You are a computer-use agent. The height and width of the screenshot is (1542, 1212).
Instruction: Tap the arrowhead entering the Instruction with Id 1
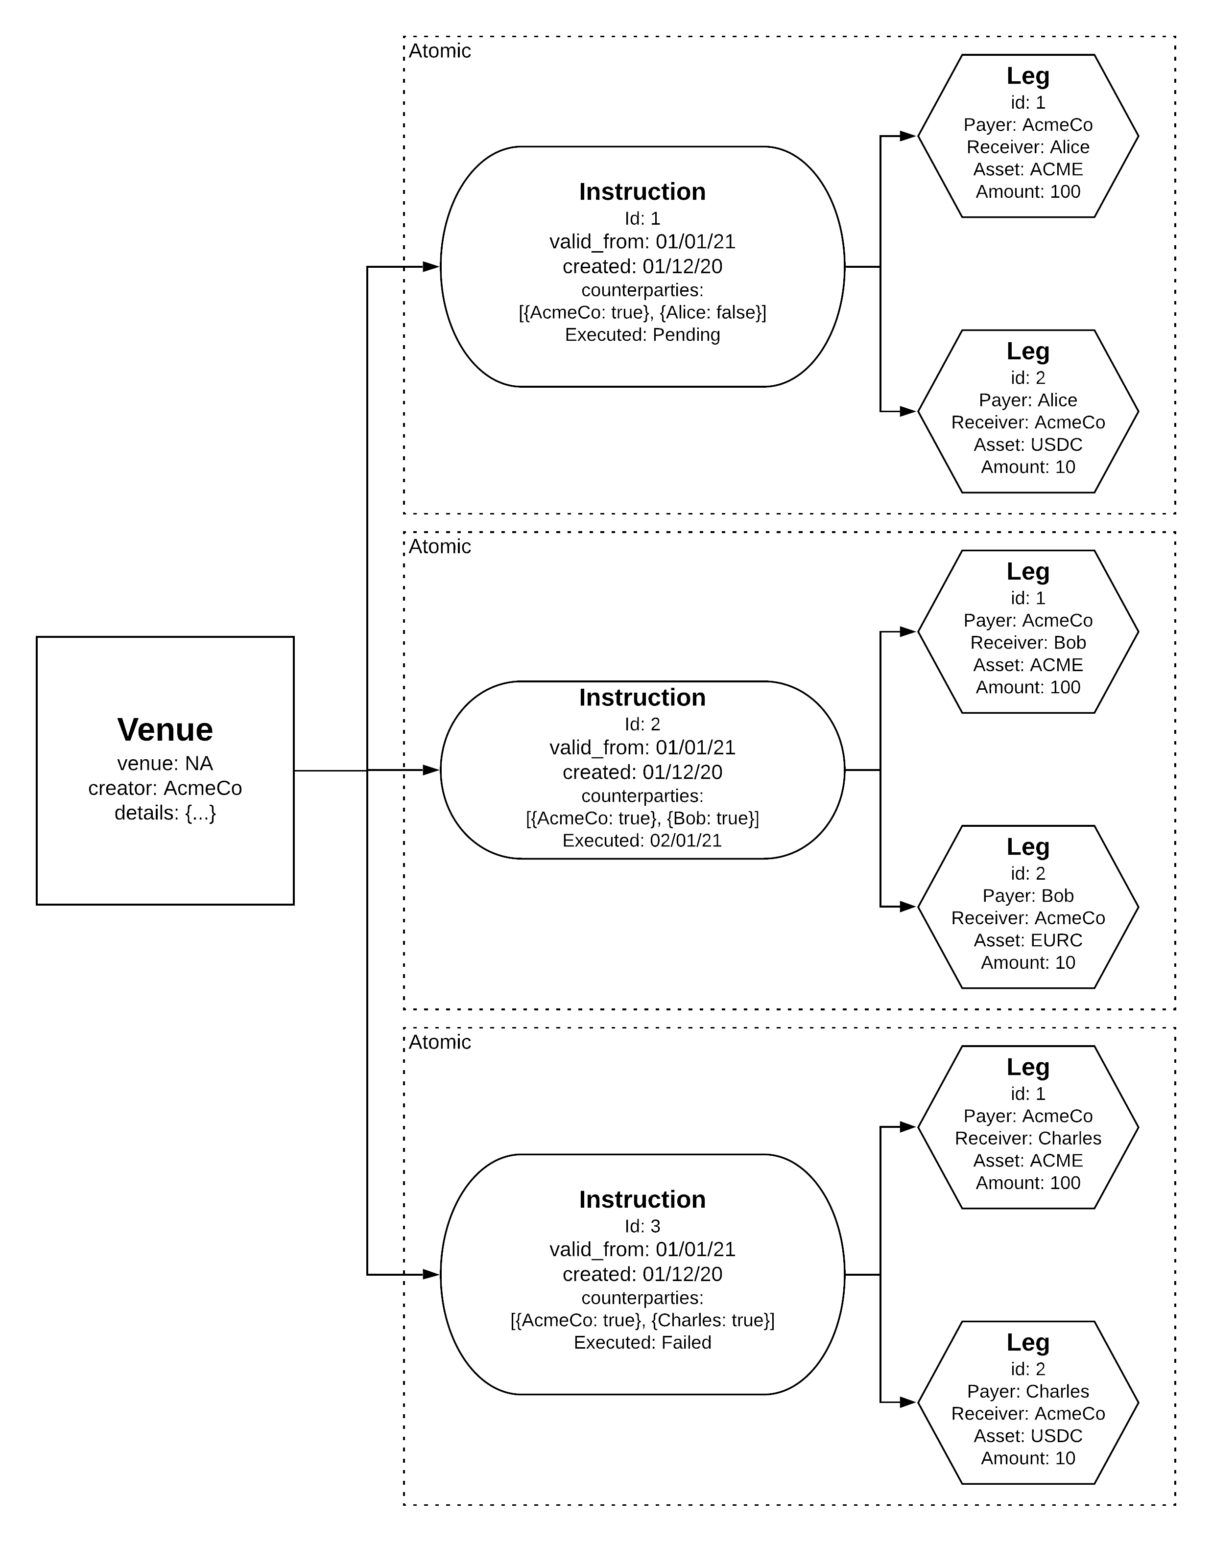[x=431, y=267]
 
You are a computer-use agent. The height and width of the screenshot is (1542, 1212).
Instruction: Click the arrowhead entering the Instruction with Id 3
[x=431, y=1275]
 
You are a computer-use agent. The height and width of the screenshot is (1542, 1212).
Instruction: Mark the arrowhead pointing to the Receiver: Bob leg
[x=909, y=631]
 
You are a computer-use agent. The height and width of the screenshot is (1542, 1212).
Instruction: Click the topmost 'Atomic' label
[x=440, y=51]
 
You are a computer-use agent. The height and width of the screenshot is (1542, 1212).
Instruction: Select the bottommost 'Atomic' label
[x=440, y=1042]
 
